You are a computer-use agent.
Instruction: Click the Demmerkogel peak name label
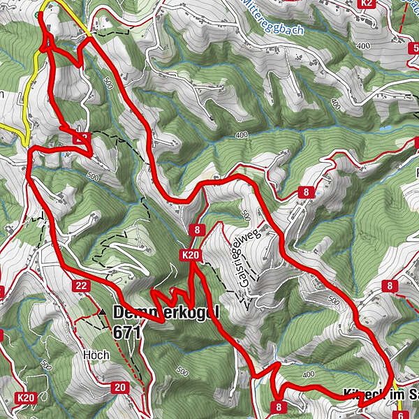click(166, 312)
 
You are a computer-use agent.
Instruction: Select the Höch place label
click(95, 355)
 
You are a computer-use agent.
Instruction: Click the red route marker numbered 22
click(80, 285)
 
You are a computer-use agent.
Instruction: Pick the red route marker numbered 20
click(120, 388)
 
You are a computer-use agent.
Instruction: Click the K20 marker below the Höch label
click(27, 398)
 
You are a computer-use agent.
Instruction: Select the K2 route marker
click(367, 3)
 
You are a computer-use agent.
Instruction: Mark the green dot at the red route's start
click(47, 10)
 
